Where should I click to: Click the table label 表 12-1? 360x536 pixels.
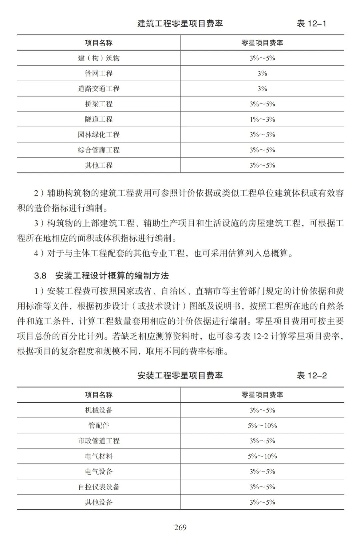[311, 24]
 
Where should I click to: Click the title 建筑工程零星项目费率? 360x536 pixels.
[180, 24]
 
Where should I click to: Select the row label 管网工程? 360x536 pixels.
[99, 73]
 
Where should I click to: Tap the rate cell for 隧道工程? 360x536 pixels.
[262, 119]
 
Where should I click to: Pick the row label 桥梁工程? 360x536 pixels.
[99, 104]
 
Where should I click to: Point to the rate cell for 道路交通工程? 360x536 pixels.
[262, 89]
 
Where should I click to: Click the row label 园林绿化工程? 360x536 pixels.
[99, 135]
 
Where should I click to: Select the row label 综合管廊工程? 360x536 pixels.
[99, 150]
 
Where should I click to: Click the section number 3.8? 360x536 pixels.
[40, 275]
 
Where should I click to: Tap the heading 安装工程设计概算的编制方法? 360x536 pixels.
[112, 275]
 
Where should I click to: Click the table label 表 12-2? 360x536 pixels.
[312, 376]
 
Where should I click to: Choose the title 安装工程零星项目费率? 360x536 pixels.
[180, 376]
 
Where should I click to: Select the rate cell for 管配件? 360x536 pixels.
[262, 425]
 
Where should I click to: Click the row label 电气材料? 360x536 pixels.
[99, 456]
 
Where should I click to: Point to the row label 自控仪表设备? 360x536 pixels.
[99, 487]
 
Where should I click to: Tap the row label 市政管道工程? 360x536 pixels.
[99, 441]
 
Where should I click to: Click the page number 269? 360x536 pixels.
[180, 527]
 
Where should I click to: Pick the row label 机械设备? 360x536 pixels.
[99, 410]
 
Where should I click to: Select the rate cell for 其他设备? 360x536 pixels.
[262, 502]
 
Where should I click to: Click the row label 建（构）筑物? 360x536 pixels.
[99, 58]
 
